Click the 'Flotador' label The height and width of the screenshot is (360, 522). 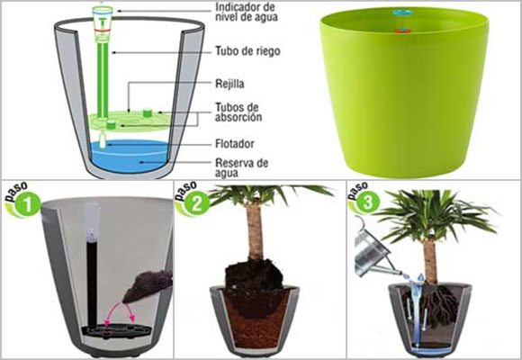point(237,142)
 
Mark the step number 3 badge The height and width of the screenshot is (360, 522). point(365,202)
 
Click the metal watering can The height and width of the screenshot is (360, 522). point(373,252)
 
